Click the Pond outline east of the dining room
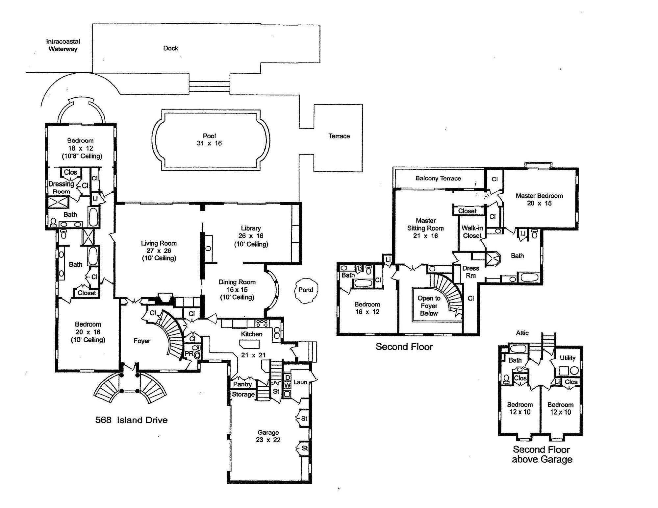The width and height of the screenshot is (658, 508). coord(306,290)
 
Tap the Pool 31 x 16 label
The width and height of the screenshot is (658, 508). coord(209,139)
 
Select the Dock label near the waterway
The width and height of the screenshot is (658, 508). coord(170,48)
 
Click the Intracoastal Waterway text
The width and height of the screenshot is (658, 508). coord(63,45)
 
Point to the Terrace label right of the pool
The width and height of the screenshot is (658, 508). coord(339,136)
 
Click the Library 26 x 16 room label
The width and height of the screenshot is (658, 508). coord(251,236)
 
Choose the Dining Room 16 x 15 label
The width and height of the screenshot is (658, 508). coord(237,289)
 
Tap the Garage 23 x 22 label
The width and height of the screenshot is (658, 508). coord(268,436)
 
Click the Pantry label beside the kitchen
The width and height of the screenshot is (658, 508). coord(242,384)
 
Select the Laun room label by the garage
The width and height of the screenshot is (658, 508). coord(300,382)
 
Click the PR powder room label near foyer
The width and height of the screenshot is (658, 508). coord(189,353)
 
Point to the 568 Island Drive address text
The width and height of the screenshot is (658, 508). coord(131,420)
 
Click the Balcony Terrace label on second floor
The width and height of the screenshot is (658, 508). coord(438,179)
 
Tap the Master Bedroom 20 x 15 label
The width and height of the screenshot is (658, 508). coord(539,199)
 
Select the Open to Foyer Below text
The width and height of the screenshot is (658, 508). coord(429,306)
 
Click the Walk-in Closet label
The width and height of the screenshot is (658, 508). coord(472,231)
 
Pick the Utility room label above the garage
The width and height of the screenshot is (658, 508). coord(568,358)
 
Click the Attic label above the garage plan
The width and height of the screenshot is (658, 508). coord(522,333)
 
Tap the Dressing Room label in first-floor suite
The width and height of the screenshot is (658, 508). coord(61,187)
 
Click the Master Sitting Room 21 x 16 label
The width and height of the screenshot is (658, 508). coord(425,228)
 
